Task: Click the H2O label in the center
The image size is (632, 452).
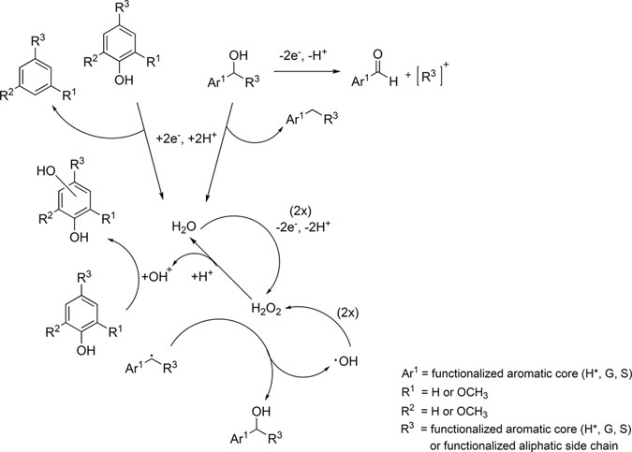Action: coord(186,226)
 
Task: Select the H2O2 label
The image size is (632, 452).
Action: coord(267,305)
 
